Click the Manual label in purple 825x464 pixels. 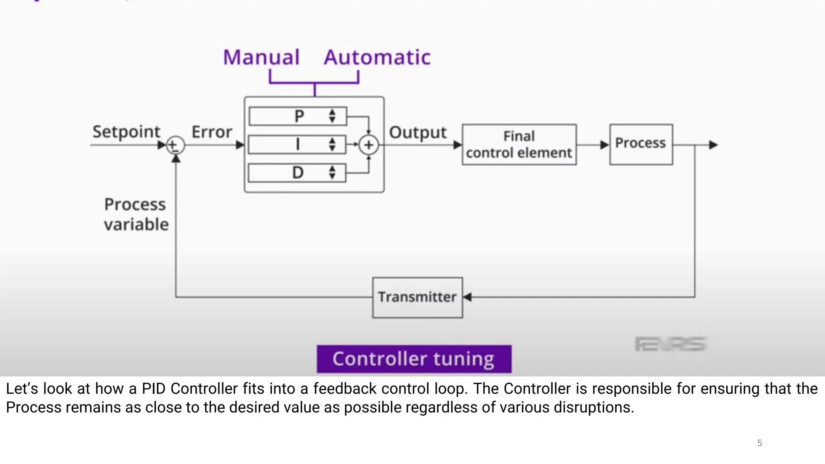pos(261,57)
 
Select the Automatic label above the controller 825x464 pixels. pos(377,57)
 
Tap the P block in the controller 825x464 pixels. pos(298,116)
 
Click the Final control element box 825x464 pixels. pos(519,145)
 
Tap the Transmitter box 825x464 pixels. pos(417,297)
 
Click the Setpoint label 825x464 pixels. pos(126,132)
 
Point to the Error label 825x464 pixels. pos(211,132)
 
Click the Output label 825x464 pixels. pos(418,133)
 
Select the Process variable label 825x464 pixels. pos(136,214)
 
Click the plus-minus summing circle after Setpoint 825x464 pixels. pos(175,145)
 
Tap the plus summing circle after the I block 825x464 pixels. pos(369,145)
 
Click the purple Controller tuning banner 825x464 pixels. pos(414,359)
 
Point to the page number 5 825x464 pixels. pos(759,443)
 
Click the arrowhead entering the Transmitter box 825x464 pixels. pos(467,297)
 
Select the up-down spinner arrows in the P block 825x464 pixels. pos(332,116)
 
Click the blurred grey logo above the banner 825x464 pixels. pos(670,344)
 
